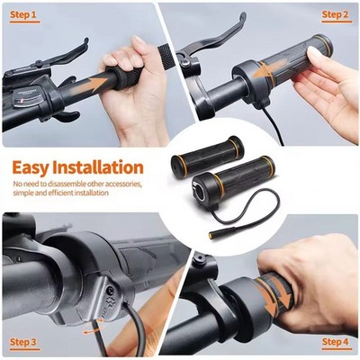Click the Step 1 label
coord(24,14)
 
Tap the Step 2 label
coord(336,14)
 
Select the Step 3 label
coord(24,342)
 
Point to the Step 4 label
coord(336,342)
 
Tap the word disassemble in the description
coord(65,184)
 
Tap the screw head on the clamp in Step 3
coord(111,290)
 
